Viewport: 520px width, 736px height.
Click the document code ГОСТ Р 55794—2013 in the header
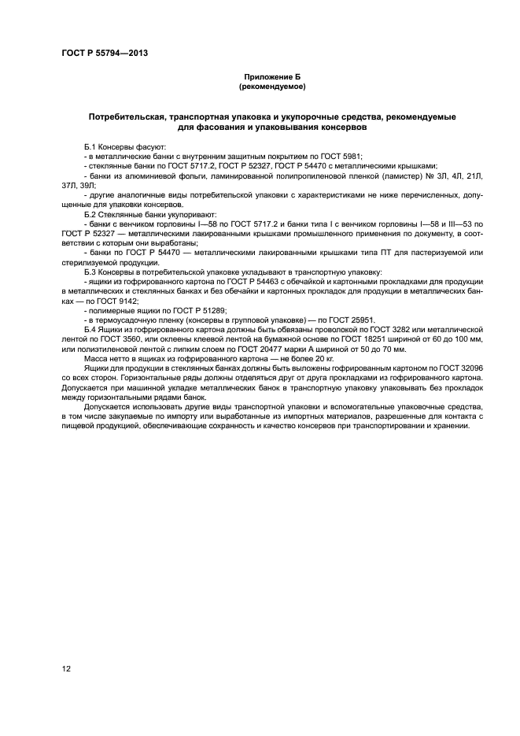[x=105, y=53]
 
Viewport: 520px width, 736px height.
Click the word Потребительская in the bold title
[x=131, y=117]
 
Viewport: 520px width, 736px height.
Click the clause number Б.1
[x=91, y=147]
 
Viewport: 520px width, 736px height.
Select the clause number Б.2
[x=91, y=214]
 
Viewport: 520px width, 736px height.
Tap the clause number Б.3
[x=91, y=272]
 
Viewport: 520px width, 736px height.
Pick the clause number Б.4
[x=91, y=329]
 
